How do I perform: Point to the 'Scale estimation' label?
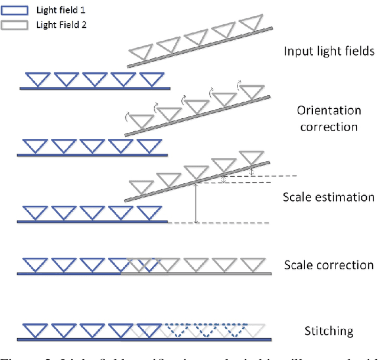coord(328,197)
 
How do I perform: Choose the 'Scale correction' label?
coord(329,265)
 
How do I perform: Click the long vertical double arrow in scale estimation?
coord(196,203)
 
